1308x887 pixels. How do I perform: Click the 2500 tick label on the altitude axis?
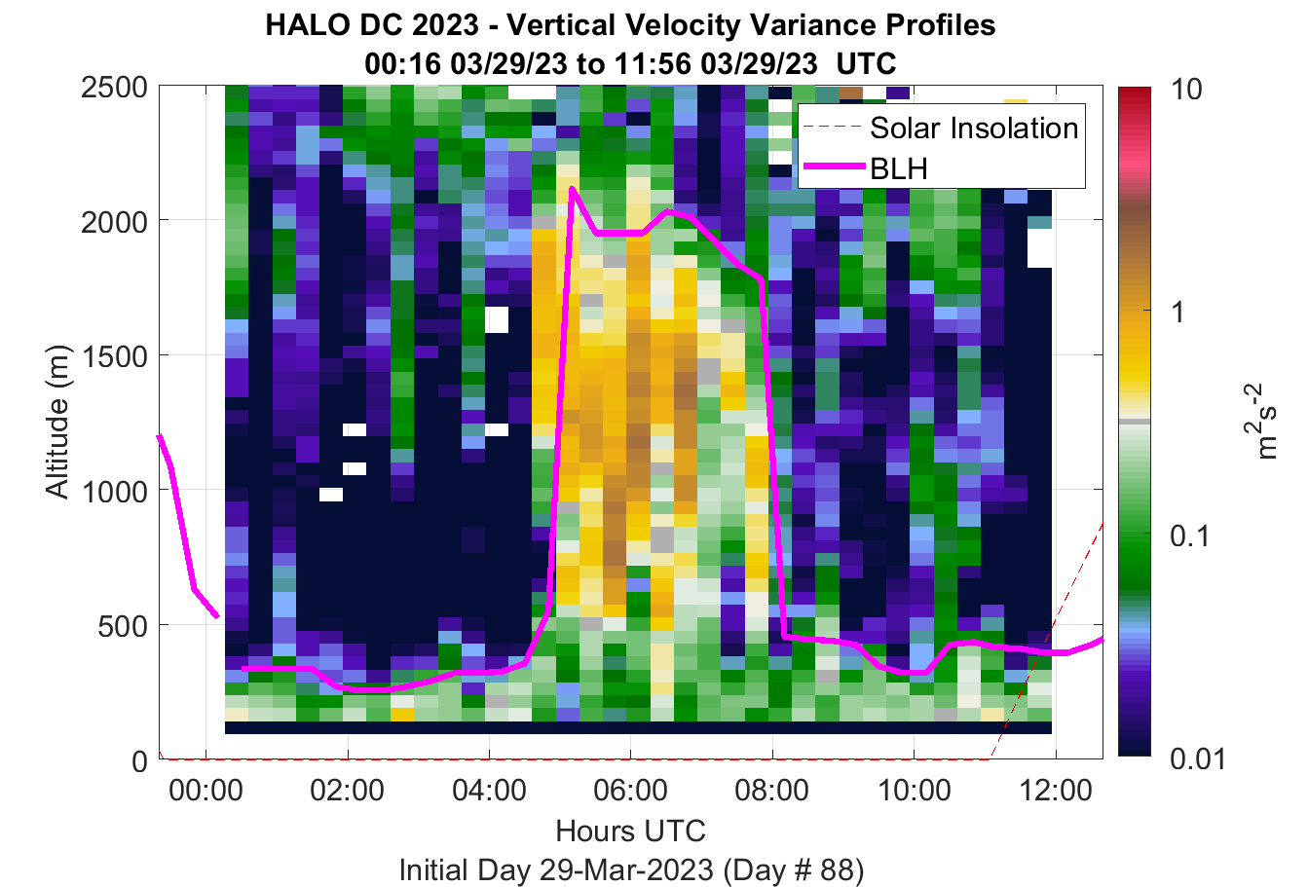[114, 89]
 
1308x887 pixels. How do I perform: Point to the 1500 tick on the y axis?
[114, 356]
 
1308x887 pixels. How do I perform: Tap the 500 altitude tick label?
[123, 627]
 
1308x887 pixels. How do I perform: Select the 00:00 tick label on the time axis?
[206, 791]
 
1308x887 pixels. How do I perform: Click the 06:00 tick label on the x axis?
[631, 791]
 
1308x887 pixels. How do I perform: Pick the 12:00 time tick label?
[1056, 791]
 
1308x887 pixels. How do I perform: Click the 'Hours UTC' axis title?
[631, 831]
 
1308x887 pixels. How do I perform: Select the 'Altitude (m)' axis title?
[57, 423]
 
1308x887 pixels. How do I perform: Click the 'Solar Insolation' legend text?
[974, 128]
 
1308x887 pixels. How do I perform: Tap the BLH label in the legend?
[899, 168]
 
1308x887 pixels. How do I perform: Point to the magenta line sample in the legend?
[835, 166]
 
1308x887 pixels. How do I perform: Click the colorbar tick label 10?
[1186, 90]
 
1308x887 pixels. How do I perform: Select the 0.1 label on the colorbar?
[1189, 536]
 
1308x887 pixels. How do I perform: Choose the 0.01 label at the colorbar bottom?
[1198, 758]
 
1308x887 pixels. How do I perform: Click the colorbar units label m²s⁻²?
[1261, 422]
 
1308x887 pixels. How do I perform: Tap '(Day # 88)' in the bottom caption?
[794, 870]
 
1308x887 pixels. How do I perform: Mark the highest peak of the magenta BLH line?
[572, 188]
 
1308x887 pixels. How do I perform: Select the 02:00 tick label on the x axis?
[348, 791]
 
